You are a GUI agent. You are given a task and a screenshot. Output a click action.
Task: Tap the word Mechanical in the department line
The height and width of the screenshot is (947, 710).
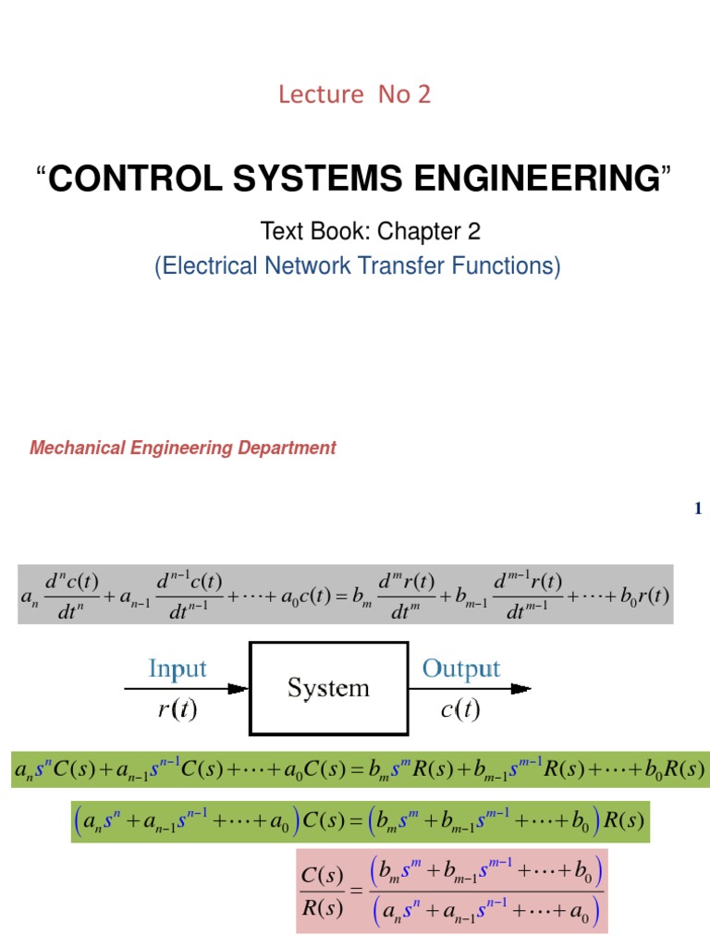pos(75,449)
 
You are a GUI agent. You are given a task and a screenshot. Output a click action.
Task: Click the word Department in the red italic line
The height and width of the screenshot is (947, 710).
pos(291,449)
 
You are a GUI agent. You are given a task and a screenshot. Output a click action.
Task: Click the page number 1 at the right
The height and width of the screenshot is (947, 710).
pos(698,509)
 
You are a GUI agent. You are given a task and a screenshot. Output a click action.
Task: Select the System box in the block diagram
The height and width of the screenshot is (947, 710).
pos(328,688)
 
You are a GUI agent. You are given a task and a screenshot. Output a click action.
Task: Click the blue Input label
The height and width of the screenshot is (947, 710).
pos(177,669)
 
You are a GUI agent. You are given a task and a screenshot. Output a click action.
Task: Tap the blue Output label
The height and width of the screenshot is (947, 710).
pos(460,669)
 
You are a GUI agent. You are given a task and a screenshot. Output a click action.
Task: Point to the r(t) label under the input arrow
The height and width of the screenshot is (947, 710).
pos(177,711)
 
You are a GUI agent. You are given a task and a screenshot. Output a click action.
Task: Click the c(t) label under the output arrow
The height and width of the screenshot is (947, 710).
pos(460,711)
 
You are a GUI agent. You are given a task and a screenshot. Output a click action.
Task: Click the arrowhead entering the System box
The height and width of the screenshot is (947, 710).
pos(241,688)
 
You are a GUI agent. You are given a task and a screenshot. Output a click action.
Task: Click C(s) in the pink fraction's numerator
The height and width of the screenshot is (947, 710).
pos(323,874)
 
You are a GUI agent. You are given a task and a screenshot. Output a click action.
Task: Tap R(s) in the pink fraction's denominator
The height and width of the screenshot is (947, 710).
pos(323,908)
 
